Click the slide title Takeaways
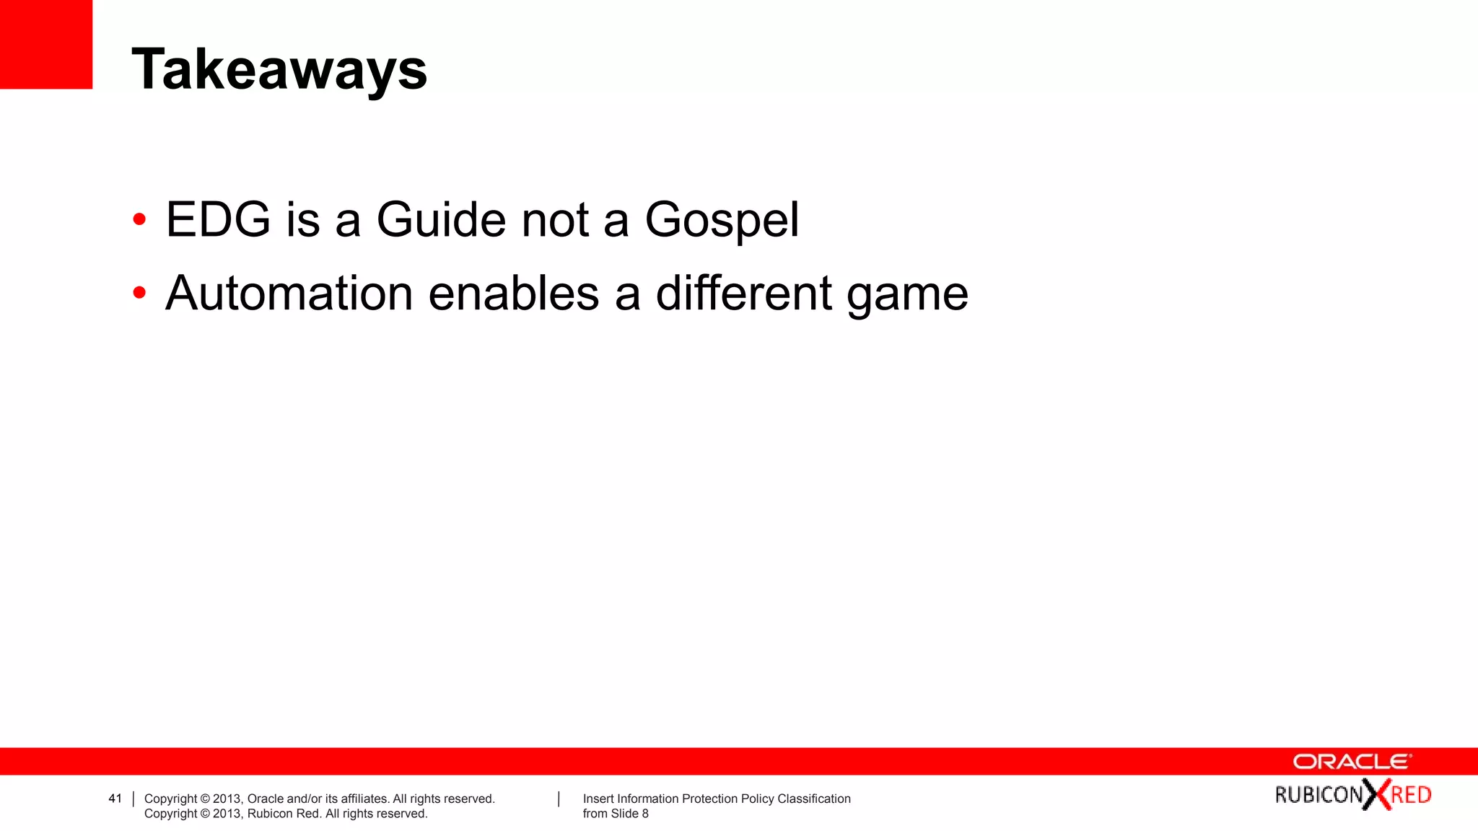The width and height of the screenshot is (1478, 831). [279, 70]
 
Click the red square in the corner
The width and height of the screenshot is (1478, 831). [45, 44]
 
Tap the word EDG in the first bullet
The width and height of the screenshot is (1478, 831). [218, 219]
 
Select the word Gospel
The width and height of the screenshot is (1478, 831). [722, 221]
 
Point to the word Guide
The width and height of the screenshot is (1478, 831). [442, 219]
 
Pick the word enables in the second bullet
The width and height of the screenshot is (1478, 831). [514, 294]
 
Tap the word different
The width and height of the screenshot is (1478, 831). [743, 294]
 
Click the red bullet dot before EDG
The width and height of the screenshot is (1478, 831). [139, 219]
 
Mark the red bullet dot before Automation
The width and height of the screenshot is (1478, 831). [139, 293]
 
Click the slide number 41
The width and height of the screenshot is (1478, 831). [115, 799]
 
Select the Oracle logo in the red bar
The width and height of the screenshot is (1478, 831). [1352, 762]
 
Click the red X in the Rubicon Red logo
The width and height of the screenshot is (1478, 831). [1376, 795]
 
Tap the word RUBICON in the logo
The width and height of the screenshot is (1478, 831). [1319, 795]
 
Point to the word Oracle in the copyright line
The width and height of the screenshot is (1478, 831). [265, 799]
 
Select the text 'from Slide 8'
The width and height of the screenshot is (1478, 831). [616, 814]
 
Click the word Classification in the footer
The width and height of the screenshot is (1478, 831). [813, 799]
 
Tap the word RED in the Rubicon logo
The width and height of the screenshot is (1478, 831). [1411, 795]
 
